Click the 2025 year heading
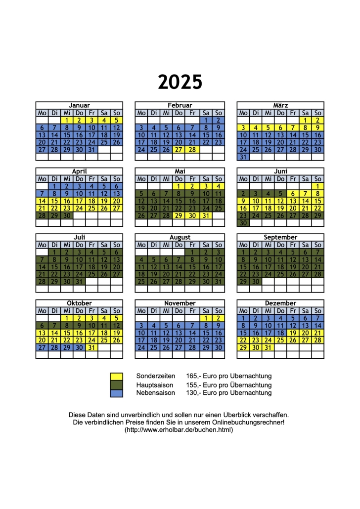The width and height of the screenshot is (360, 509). tap(180, 82)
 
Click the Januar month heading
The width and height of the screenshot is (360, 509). tap(79, 105)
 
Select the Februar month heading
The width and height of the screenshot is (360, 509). tap(180, 105)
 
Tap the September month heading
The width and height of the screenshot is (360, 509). tap(280, 237)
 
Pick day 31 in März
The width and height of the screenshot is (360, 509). tap(243, 157)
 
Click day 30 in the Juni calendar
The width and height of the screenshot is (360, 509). tap(243, 223)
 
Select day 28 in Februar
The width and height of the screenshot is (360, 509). tap(192, 149)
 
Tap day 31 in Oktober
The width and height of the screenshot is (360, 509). tap(91, 347)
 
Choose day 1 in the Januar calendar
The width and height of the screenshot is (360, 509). tap(67, 120)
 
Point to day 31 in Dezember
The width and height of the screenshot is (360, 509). tap(268, 347)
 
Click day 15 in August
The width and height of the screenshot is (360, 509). tap(192, 267)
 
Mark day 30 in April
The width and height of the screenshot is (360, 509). tap(67, 215)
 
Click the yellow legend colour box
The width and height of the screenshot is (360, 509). tap(117, 377)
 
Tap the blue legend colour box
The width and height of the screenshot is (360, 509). tap(117, 393)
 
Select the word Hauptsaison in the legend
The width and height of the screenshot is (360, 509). tap(153, 384)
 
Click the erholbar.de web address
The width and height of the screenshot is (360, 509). tap(179, 430)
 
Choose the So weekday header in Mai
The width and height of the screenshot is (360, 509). tap(218, 179)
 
